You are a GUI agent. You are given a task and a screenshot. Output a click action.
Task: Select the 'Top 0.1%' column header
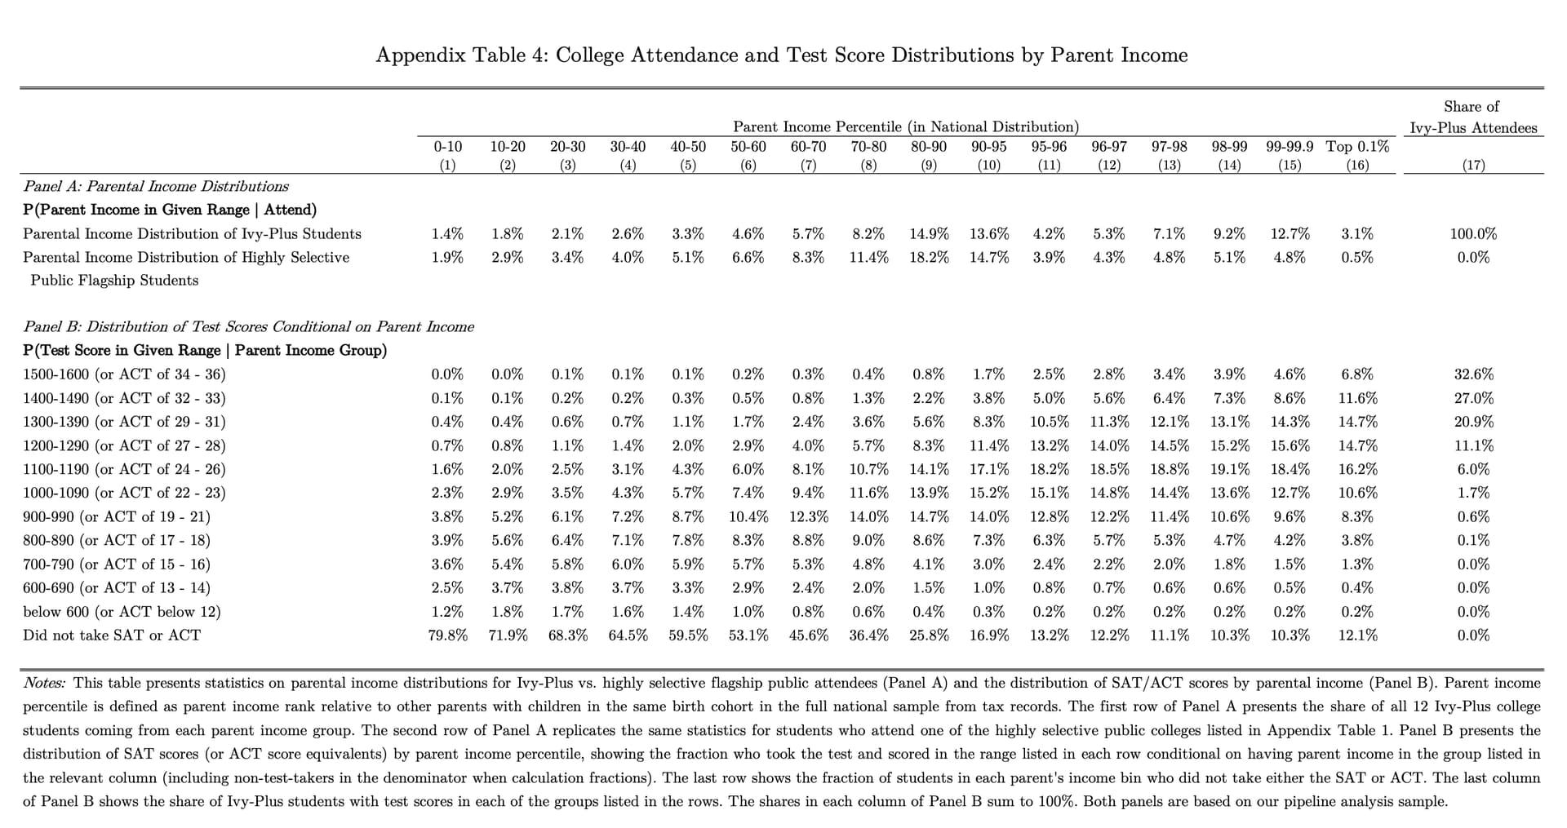pyautogui.click(x=1357, y=147)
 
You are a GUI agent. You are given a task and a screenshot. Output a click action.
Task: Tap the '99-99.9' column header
pyautogui.click(x=1290, y=147)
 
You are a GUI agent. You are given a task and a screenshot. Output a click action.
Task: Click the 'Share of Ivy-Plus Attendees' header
pyautogui.click(x=1472, y=117)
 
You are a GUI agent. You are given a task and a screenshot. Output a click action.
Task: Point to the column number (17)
pyautogui.click(x=1473, y=165)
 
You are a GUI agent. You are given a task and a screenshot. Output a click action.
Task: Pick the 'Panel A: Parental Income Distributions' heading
pyautogui.click(x=155, y=186)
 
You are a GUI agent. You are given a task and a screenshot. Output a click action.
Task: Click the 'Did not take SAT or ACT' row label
pyautogui.click(x=111, y=635)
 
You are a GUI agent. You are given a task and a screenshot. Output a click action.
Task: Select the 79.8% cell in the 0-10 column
pyautogui.click(x=447, y=635)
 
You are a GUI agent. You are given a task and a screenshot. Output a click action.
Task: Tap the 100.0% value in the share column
pyautogui.click(x=1473, y=233)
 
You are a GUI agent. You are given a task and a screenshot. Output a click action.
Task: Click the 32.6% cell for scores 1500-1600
pyautogui.click(x=1473, y=374)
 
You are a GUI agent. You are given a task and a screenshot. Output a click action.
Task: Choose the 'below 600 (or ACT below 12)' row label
pyautogui.click(x=122, y=611)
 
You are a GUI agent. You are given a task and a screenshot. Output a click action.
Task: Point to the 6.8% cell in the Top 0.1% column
pyautogui.click(x=1357, y=374)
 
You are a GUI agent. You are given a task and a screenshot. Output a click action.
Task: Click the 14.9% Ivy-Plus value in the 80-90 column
pyautogui.click(x=929, y=233)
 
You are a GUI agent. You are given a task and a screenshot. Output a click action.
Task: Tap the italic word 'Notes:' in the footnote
pyautogui.click(x=44, y=683)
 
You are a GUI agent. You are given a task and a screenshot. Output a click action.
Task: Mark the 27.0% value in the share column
pyautogui.click(x=1473, y=398)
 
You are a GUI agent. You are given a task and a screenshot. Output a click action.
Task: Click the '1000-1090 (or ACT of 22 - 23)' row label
pyautogui.click(x=124, y=493)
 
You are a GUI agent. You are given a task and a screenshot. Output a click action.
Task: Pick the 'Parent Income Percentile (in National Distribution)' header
pyautogui.click(x=906, y=126)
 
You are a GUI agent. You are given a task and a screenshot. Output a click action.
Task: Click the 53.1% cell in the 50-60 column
pyautogui.click(x=748, y=635)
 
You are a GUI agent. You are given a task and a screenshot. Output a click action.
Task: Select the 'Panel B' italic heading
pyautogui.click(x=248, y=326)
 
